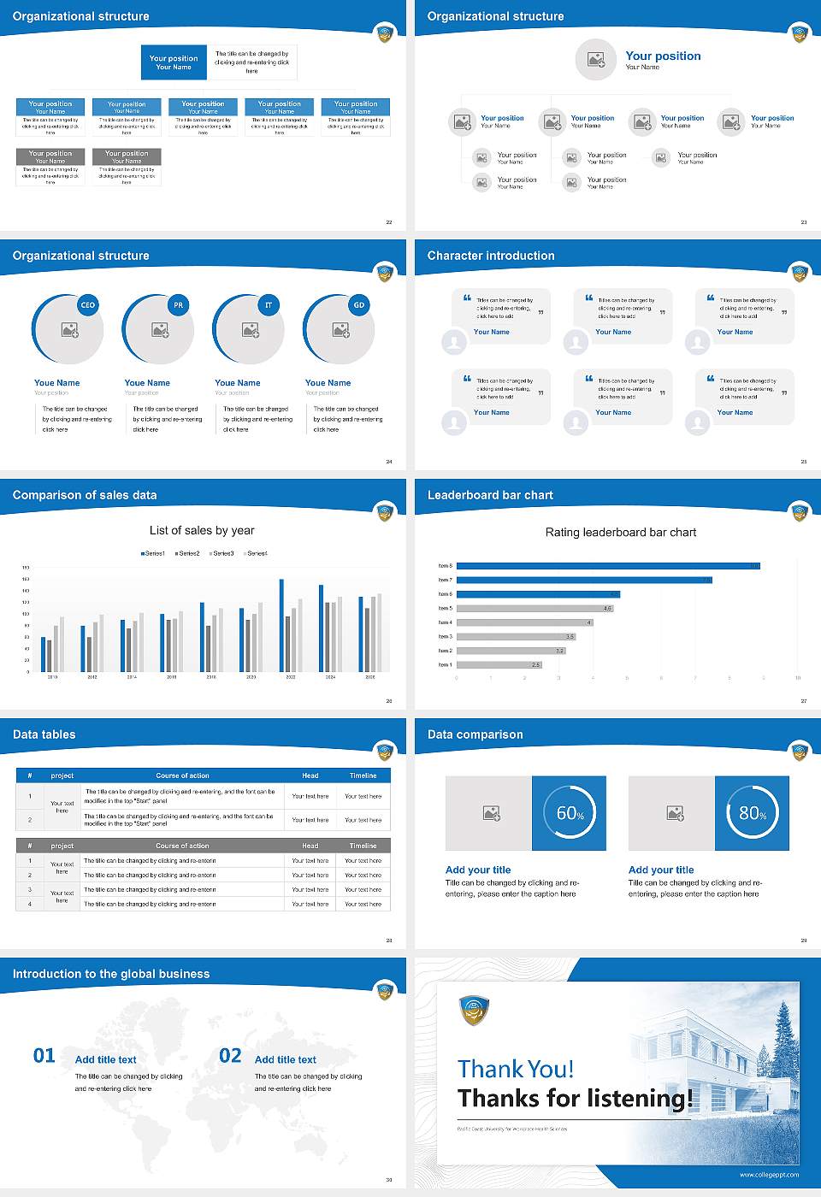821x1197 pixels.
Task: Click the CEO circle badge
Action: tap(87, 305)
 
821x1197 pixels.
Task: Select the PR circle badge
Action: tap(178, 305)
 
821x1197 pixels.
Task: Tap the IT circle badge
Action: tap(269, 305)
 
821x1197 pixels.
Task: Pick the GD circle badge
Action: tap(359, 305)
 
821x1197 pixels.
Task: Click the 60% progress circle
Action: tap(570, 813)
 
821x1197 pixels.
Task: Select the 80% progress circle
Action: tap(752, 813)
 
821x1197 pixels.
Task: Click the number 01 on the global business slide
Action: tap(44, 1056)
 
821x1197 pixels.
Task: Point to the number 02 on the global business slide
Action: tap(230, 1056)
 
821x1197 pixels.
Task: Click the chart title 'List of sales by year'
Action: tap(202, 531)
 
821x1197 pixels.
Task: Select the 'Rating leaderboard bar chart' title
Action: tap(621, 533)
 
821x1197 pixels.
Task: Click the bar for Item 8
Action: tap(607, 566)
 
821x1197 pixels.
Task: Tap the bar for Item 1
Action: tap(499, 664)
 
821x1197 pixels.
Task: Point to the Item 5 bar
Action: tap(535, 608)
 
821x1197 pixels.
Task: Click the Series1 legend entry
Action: tap(153, 554)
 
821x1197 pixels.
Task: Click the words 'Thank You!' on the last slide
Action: tap(515, 1069)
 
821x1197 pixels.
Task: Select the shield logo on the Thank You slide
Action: tap(474, 1011)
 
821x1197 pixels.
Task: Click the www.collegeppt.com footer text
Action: tap(769, 1175)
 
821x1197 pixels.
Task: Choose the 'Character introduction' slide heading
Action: tap(491, 256)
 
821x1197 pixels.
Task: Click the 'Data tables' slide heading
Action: tap(44, 734)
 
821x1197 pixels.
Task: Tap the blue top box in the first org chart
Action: tap(174, 62)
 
